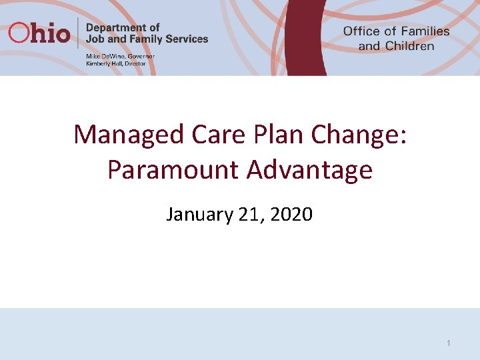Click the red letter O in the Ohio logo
(x=19, y=33)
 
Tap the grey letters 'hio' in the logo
(x=50, y=33)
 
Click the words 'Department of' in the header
(x=123, y=27)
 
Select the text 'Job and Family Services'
(x=147, y=39)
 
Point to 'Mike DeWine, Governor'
(x=120, y=57)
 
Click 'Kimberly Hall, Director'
(x=116, y=63)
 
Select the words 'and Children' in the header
(x=396, y=46)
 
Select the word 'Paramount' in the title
(x=173, y=170)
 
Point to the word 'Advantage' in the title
(x=309, y=170)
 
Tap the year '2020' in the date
(x=289, y=215)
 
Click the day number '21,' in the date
(x=248, y=215)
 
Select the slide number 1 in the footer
(x=449, y=343)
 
